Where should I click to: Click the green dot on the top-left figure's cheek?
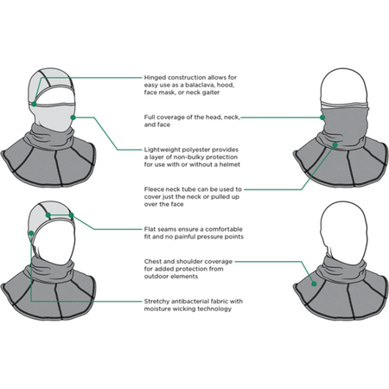[73, 118]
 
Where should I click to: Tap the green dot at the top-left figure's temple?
[34, 104]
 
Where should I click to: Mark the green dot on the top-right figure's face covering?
[322, 118]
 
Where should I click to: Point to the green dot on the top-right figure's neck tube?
[335, 144]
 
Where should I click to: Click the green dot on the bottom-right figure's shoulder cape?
[314, 284]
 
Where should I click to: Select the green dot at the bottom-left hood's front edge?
[31, 233]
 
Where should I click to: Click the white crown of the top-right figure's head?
[344, 85]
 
